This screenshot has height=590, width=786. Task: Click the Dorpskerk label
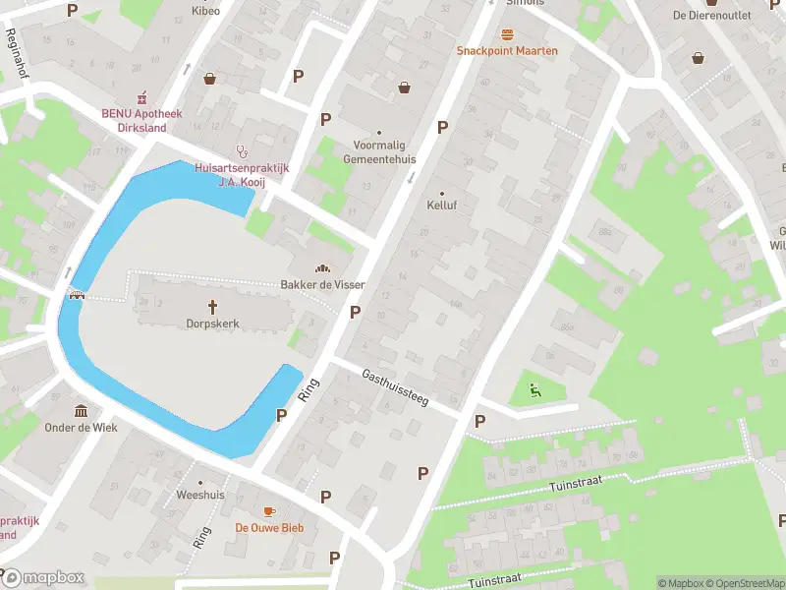tap(212, 323)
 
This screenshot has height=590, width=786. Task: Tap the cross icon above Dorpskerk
tap(212, 305)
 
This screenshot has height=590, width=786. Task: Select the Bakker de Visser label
tap(323, 284)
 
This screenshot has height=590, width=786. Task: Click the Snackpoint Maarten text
tap(507, 51)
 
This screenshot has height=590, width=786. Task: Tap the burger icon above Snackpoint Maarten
tap(507, 33)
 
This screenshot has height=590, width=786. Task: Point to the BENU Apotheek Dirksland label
tap(142, 119)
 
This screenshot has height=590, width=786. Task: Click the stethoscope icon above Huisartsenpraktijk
tap(241, 150)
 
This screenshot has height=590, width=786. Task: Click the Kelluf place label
tap(442, 206)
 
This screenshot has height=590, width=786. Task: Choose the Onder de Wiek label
tap(81, 428)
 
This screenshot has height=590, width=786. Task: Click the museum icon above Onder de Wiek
tap(81, 410)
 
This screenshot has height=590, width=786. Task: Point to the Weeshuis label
tap(200, 495)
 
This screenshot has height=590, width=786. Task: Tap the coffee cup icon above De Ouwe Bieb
tap(269, 511)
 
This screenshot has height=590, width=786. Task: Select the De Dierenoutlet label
tap(711, 15)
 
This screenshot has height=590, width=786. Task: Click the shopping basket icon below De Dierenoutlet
tap(698, 58)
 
